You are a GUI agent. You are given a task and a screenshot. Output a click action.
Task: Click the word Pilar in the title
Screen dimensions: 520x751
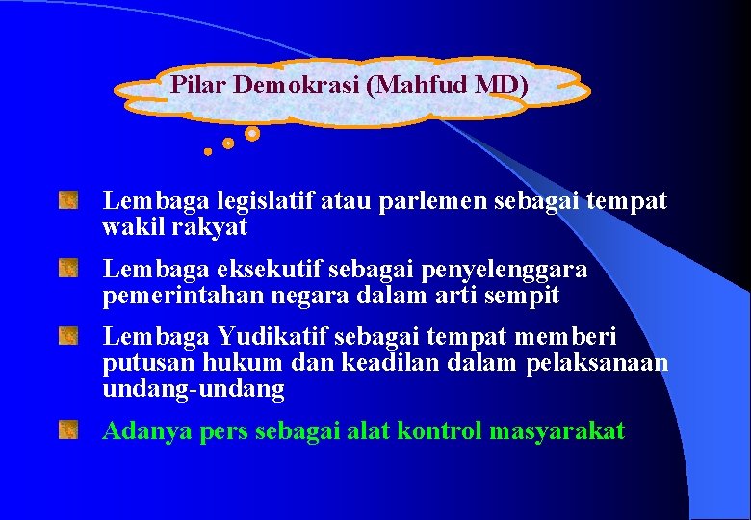point(198,85)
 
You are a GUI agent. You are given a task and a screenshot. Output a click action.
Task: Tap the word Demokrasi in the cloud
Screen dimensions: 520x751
point(297,85)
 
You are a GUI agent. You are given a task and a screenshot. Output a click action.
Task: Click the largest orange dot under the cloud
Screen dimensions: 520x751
point(252,134)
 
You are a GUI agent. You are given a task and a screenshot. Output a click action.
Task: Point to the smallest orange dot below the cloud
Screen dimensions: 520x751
point(208,151)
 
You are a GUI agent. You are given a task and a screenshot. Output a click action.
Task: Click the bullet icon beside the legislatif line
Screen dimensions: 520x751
point(66,202)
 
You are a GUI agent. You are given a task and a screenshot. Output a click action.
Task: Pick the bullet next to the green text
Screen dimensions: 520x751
point(66,429)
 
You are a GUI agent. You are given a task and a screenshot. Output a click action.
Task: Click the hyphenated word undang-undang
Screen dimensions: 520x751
point(194,389)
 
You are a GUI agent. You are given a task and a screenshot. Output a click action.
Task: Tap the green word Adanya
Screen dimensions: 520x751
point(147,430)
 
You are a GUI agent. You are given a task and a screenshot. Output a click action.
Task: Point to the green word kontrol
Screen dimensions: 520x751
point(443,430)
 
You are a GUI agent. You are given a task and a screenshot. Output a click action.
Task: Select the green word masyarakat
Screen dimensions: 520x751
point(557,430)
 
